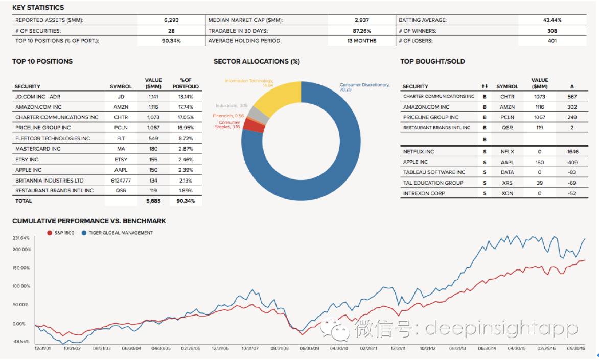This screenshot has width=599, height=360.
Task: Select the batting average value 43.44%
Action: (x=552, y=20)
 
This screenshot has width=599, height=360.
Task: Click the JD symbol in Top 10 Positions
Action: (x=121, y=96)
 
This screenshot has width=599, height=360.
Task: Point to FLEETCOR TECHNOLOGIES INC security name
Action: (x=53, y=138)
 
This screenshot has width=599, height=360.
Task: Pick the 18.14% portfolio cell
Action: (x=185, y=96)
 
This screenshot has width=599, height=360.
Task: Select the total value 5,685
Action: (x=153, y=201)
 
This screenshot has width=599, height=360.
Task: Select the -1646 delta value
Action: (x=572, y=152)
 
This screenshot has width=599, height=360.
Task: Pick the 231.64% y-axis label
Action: (x=21, y=238)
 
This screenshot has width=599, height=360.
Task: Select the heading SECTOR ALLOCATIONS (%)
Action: (x=257, y=61)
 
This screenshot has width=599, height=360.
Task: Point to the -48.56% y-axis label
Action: (x=21, y=341)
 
